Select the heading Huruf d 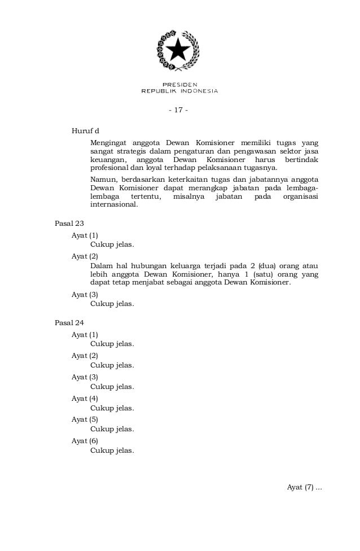pos(85,132)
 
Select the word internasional pos(113,205)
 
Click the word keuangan pos(108,160)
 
